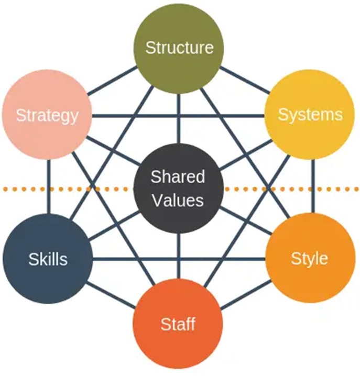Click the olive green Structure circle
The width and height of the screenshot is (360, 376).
[x=179, y=47]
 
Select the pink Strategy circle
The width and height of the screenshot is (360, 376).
[x=47, y=115]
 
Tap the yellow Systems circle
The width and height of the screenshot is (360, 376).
[x=310, y=115]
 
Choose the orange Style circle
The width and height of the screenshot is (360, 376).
[x=310, y=258]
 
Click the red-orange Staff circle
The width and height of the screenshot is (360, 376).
[x=179, y=325]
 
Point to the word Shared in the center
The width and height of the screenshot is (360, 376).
[x=178, y=176]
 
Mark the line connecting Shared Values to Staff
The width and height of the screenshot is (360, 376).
[x=179, y=257]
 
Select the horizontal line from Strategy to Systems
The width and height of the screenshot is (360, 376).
[x=178, y=115]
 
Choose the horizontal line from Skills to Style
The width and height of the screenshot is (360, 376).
[x=178, y=258]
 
